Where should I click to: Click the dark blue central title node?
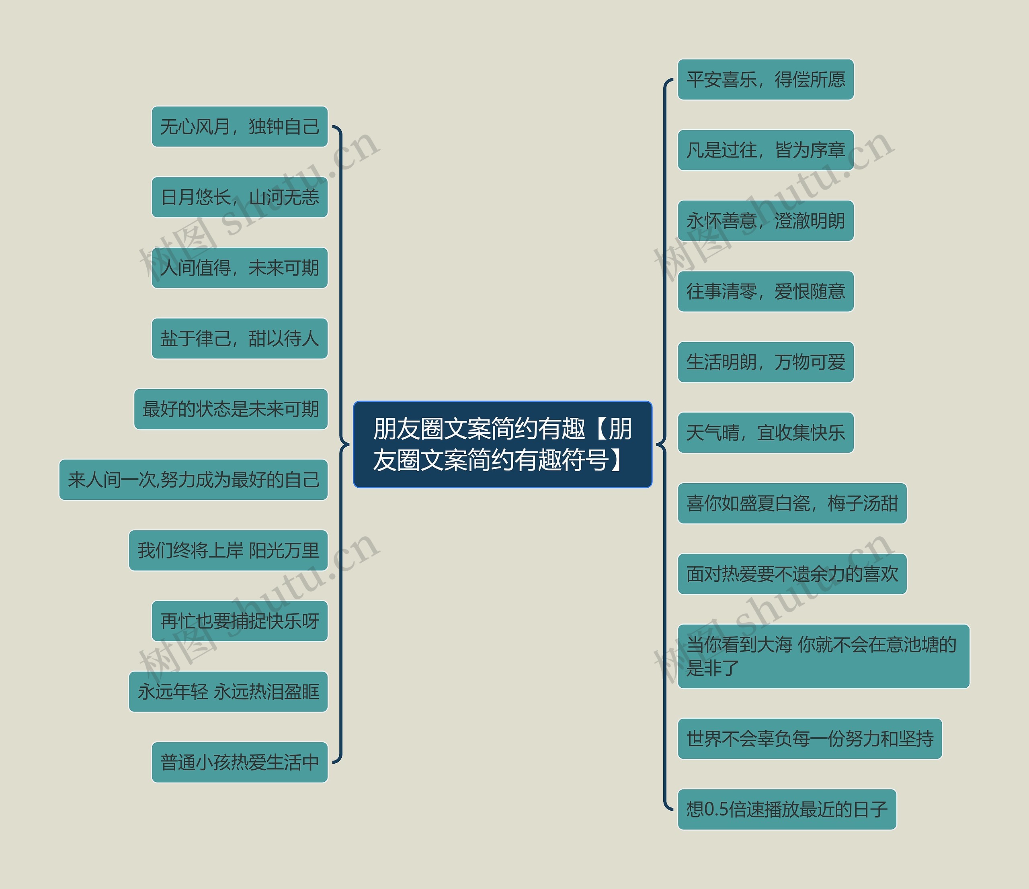[502, 444]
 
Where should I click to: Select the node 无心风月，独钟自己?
[240, 127]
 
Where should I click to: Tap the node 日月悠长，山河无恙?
[240, 197]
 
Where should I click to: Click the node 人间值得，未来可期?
[240, 268]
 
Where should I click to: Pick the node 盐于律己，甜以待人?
[240, 339]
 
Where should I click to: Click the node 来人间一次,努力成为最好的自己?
[193, 480]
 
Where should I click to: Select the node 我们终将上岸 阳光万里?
[228, 550]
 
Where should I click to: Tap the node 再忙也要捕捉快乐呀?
[240, 621]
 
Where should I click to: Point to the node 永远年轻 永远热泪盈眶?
[228, 692]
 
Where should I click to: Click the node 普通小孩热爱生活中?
[240, 762]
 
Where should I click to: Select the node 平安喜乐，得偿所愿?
[765, 80]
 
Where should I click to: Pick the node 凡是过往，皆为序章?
[765, 150]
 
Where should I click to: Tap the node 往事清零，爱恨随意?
[765, 291]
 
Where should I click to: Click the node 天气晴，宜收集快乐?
[765, 433]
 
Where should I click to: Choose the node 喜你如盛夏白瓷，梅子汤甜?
[792, 503]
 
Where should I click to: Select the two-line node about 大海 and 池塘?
[823, 656]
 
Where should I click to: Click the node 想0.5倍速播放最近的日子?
[787, 809]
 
